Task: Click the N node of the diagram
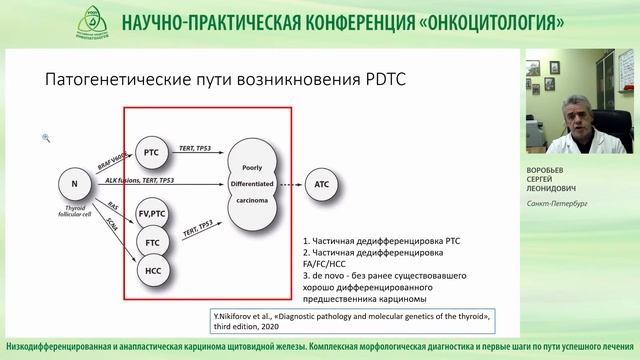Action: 74,184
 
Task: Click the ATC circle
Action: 322,184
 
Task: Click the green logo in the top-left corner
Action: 24,23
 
